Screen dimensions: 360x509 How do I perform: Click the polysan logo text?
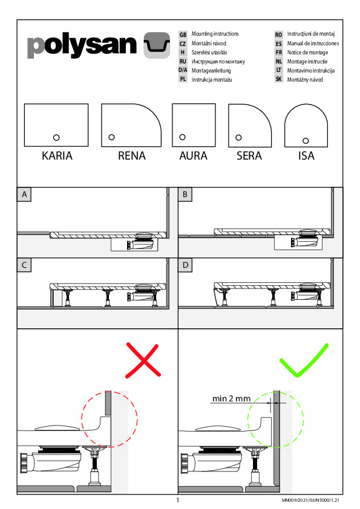tap(82, 45)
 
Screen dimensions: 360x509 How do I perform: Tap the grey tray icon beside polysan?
tap(157, 45)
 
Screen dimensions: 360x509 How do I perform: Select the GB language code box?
tap(183, 34)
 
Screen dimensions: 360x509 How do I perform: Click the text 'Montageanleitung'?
tap(211, 71)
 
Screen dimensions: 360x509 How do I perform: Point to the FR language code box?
tap(279, 52)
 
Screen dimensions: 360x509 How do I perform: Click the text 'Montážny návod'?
tap(305, 80)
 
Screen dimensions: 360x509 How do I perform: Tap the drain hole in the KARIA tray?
tap(56, 138)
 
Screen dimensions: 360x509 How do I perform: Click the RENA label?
tap(131, 156)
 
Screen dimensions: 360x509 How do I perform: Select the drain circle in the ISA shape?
tap(306, 141)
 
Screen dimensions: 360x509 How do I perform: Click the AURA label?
tap(194, 156)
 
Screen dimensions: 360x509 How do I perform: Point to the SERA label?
tap(249, 156)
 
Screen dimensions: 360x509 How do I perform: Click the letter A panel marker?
tap(24, 195)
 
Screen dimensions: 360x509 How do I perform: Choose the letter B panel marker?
tap(185, 195)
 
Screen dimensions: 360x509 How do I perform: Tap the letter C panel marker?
tap(24, 265)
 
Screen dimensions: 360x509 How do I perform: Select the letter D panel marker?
tap(185, 265)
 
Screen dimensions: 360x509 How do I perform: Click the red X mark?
tap(143, 360)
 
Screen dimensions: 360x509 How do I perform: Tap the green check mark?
tap(304, 360)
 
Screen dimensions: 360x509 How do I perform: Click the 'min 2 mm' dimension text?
tap(231, 398)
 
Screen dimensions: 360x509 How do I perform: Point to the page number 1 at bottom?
tap(178, 500)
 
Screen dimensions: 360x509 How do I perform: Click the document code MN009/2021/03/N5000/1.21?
tap(310, 501)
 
